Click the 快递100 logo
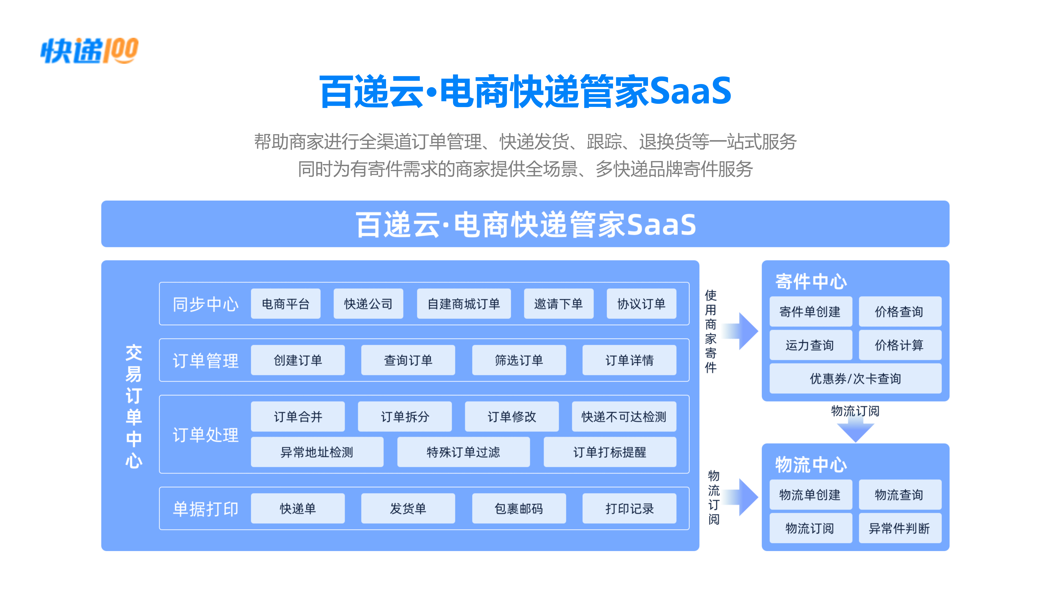point(89,51)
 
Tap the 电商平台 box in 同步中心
point(286,303)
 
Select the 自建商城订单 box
point(464,303)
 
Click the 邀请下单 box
point(558,303)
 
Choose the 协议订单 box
point(641,303)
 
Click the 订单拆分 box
point(405,416)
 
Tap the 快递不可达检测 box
point(624,416)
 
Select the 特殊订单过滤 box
point(464,452)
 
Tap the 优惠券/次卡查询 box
point(856,379)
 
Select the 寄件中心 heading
point(811,281)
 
